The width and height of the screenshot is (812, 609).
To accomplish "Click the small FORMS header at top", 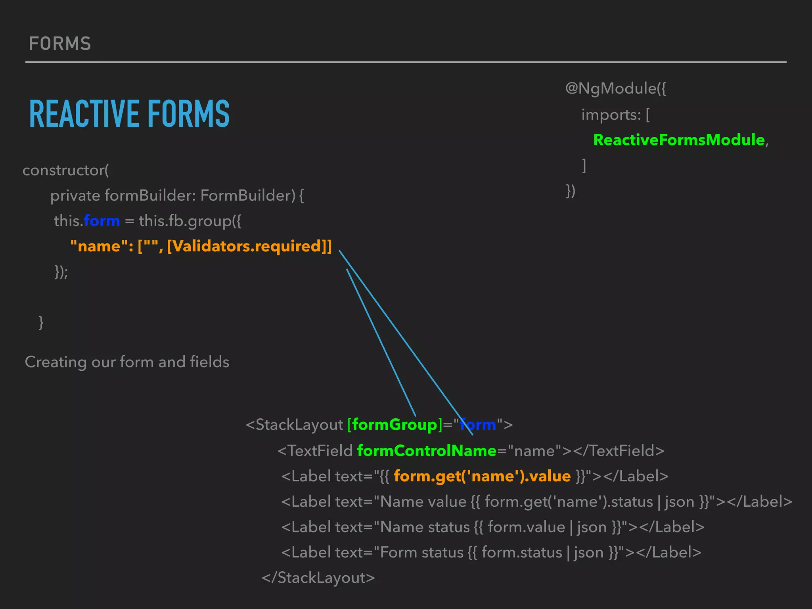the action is [x=60, y=44].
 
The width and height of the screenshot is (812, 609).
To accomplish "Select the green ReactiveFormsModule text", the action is [x=679, y=140].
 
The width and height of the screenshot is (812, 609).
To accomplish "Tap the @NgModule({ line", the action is [x=615, y=88].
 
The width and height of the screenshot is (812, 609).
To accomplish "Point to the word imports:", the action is [x=611, y=115].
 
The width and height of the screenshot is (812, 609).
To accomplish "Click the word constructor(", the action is [x=66, y=170].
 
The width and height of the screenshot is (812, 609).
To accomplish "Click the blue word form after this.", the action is [x=102, y=221].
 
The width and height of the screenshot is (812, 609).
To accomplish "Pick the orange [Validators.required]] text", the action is [x=249, y=246].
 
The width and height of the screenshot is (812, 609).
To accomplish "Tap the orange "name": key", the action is [x=101, y=246].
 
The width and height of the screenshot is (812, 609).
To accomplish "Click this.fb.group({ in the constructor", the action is [x=190, y=221].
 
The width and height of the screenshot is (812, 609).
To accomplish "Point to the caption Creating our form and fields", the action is [x=127, y=362].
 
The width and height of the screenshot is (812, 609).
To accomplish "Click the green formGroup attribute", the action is [x=394, y=425].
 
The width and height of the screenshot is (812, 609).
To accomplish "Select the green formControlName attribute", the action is [x=427, y=451].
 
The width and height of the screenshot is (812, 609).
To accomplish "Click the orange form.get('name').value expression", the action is [x=482, y=476].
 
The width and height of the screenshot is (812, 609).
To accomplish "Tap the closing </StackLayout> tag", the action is [x=318, y=578].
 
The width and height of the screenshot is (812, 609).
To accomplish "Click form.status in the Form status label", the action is [x=522, y=552].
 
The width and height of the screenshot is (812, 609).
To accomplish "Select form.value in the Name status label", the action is [x=526, y=527].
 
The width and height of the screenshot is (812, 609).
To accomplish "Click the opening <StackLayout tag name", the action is [x=295, y=425].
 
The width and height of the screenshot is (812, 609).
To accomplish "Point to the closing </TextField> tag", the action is [x=619, y=451].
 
